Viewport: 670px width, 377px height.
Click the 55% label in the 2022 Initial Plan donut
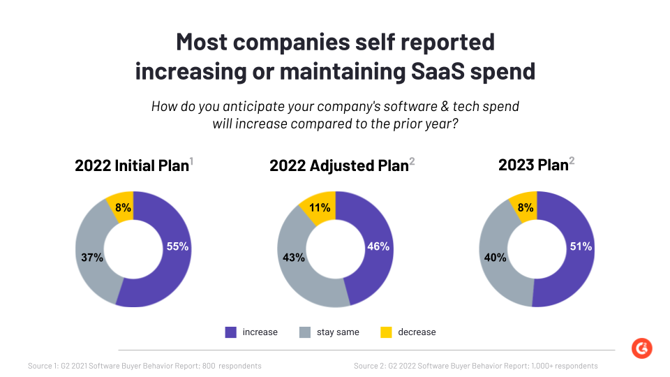(x=177, y=246)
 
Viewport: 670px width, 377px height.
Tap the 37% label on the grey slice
(x=92, y=258)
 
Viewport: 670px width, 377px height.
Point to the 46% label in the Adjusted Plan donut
(x=378, y=246)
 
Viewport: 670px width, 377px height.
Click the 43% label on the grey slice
(x=294, y=258)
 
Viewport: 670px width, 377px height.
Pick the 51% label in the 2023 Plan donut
(x=581, y=246)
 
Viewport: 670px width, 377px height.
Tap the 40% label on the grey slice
(x=496, y=258)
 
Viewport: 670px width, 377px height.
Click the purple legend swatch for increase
(x=231, y=332)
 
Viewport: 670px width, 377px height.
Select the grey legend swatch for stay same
(x=305, y=332)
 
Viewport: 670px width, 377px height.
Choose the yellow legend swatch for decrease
(x=386, y=332)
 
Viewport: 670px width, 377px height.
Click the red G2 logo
(x=641, y=348)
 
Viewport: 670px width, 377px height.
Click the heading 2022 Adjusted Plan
(x=339, y=166)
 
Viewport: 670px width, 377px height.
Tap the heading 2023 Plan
(x=533, y=165)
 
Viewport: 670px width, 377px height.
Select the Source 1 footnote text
(x=144, y=366)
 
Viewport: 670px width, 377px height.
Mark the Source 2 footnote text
(x=475, y=366)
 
